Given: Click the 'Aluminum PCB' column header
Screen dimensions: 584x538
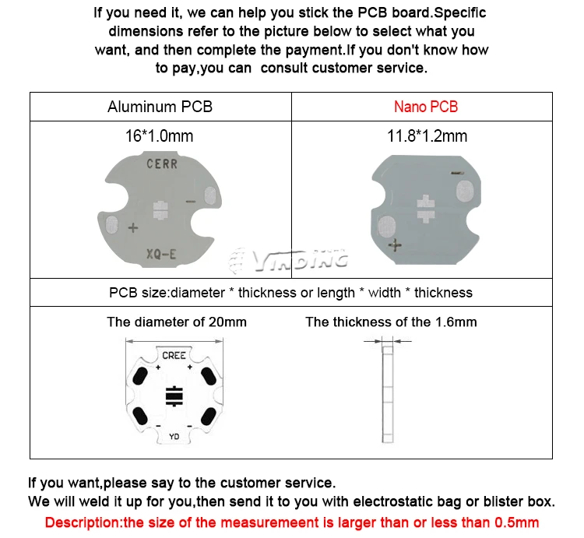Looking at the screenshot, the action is (160, 107).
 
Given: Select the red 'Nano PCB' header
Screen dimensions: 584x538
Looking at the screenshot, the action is (425, 107).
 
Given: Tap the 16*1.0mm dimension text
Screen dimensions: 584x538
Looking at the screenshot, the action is (159, 136).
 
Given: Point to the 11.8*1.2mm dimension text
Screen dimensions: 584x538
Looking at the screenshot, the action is (427, 136).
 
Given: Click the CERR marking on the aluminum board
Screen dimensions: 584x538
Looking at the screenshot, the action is (162, 164).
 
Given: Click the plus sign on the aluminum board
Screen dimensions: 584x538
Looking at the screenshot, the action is (132, 228).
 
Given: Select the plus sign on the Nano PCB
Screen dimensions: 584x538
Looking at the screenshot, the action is (396, 245).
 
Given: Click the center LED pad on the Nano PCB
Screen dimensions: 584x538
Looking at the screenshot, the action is (425, 206).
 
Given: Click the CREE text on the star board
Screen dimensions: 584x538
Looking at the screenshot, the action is (174, 355).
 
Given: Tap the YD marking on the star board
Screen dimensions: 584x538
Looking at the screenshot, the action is (174, 437).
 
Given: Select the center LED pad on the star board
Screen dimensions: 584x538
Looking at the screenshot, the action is (174, 396).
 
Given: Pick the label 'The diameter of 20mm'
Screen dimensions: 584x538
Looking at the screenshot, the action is (177, 322).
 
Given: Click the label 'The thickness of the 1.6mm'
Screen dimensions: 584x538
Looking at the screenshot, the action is (391, 322).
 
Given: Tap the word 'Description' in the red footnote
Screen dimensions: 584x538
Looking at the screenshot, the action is (79, 522).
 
